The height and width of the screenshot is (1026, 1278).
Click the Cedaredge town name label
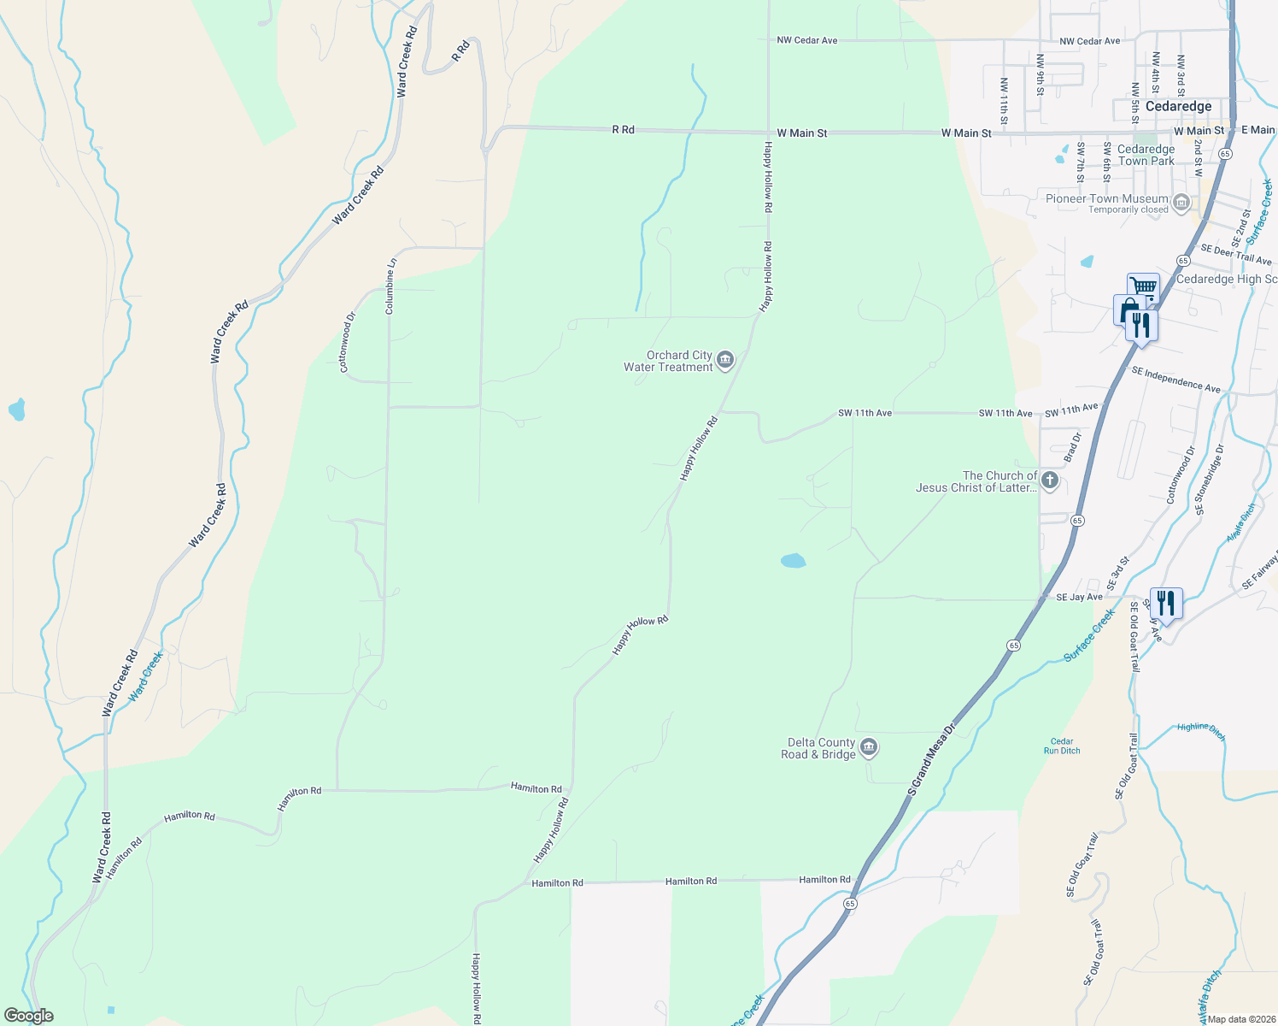[x=1178, y=106]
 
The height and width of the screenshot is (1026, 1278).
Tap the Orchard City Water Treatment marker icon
[x=725, y=360]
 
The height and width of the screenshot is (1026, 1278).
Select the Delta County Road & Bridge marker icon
[x=869, y=748]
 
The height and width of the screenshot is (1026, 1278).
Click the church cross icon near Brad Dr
[x=1050, y=481]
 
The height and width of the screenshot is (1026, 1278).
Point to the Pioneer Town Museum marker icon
[x=1181, y=203]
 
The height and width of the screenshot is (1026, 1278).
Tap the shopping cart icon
[x=1143, y=286]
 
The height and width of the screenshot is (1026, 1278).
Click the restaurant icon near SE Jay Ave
[x=1165, y=603]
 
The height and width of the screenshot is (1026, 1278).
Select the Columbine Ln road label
[x=390, y=286]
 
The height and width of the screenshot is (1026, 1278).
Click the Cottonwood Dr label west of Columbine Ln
[x=347, y=342]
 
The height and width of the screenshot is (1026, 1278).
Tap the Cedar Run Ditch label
[x=1062, y=746]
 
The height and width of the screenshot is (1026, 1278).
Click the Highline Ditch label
[x=1200, y=730]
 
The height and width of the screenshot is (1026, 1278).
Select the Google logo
[x=28, y=1016]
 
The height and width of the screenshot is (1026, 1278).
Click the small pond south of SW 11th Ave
[x=793, y=561]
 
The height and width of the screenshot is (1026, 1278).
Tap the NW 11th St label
[x=1004, y=101]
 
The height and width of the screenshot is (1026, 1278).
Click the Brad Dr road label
[x=1072, y=448]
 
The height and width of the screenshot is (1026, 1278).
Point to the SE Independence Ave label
[x=1175, y=380]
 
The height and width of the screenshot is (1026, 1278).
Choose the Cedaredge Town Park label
[x=1146, y=155]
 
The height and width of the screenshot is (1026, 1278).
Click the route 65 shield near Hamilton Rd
[x=849, y=903]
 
